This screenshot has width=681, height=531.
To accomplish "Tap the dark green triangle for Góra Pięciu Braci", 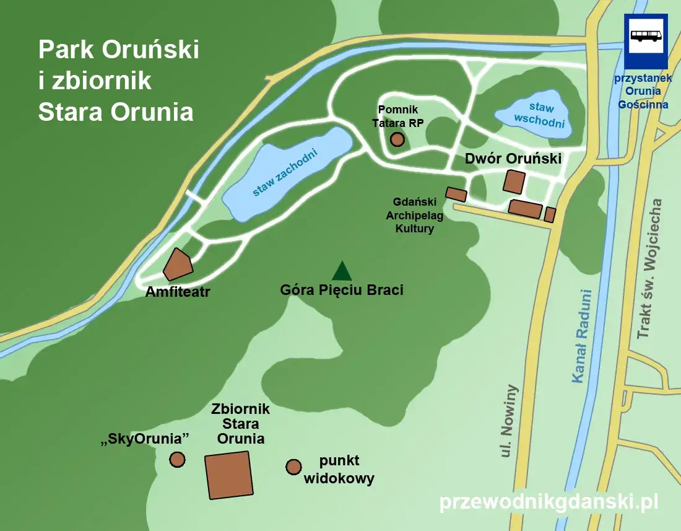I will (x=342, y=272).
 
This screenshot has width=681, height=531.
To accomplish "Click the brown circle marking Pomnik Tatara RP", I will (x=397, y=139).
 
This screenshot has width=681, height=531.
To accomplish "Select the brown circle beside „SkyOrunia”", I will (x=177, y=459).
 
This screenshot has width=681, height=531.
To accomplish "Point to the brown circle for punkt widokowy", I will (x=293, y=467).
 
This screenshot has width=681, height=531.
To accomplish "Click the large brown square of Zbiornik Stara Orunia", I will (x=229, y=475).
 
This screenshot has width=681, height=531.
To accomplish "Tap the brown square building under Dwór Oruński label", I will (x=514, y=182).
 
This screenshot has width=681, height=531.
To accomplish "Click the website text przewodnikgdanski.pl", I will (x=549, y=502).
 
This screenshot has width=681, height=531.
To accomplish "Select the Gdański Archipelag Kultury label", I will (x=415, y=215).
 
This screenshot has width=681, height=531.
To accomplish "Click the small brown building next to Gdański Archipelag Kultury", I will (x=456, y=194).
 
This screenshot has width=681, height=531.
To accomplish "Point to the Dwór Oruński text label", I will (x=513, y=159).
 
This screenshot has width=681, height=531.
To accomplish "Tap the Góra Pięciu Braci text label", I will (x=342, y=289).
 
